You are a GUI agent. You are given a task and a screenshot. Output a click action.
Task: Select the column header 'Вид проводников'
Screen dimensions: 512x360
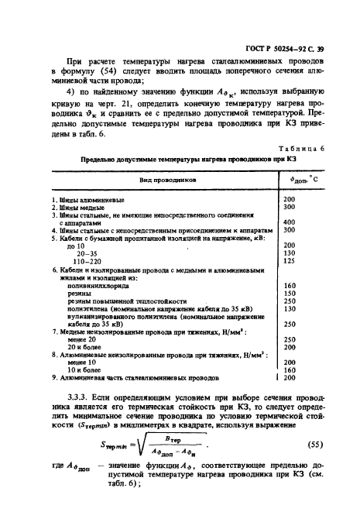(x=160, y=178)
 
